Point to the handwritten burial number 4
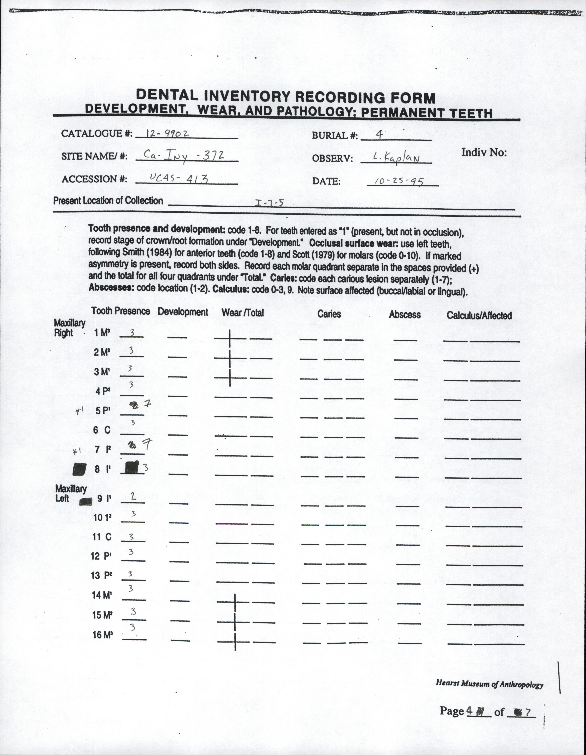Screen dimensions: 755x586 (x=379, y=135)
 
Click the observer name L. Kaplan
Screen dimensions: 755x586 (x=396, y=158)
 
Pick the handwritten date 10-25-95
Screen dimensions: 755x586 (x=399, y=181)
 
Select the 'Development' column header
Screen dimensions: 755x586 (x=183, y=312)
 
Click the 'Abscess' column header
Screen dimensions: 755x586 (x=405, y=315)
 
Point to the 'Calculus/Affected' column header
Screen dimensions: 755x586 (x=479, y=315)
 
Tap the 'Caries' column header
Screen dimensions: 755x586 (x=329, y=314)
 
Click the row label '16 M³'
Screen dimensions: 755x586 (x=103, y=635)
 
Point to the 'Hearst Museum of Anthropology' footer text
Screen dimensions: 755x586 (x=489, y=684)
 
